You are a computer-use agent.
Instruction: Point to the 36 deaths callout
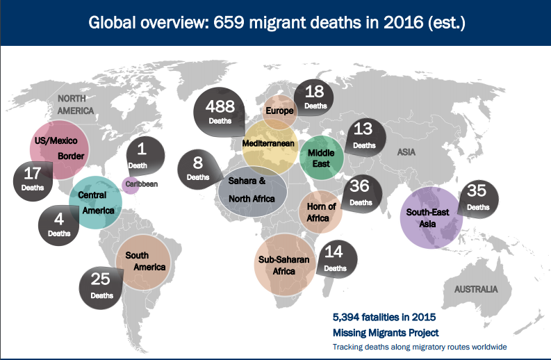[x=360, y=193]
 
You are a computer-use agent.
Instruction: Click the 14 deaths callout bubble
[x=335, y=260]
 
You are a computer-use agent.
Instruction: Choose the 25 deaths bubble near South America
[x=101, y=286]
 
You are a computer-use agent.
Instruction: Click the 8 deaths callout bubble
[x=198, y=169]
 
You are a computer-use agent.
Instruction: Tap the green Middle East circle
[x=322, y=157]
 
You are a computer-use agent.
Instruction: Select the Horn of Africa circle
[x=321, y=211]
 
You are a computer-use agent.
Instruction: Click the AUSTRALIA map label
[x=476, y=288]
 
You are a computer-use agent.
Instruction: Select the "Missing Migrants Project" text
[x=386, y=332]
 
